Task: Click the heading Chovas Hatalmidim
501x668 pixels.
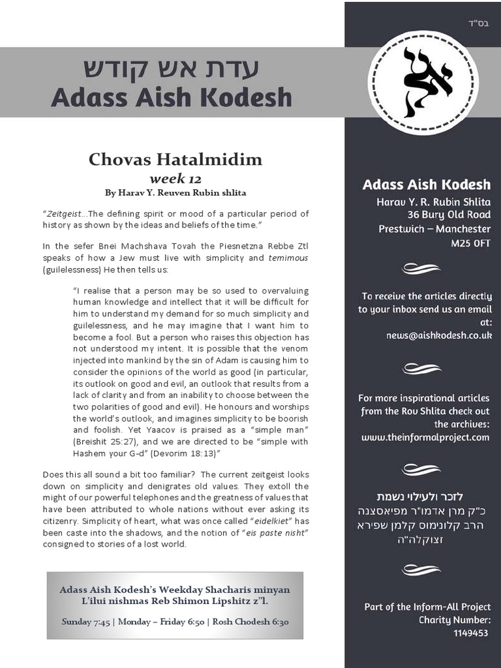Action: coord(175,159)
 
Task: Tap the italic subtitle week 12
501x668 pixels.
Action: coord(175,179)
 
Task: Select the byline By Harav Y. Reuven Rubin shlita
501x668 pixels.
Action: coord(175,193)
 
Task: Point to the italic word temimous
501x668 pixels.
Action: coord(288,258)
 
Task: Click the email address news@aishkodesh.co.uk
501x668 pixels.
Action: coord(438,335)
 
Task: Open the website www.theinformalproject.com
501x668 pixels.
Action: coord(425,437)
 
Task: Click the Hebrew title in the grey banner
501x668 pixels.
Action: coord(171,68)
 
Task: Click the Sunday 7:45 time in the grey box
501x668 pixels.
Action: coord(85,622)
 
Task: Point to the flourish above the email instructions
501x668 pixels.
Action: coord(422,268)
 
